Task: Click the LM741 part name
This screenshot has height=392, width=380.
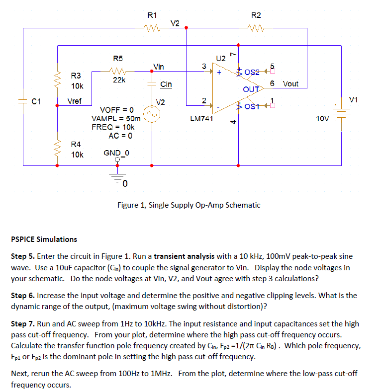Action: [x=201, y=119]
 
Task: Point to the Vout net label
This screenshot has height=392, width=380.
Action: [x=290, y=84]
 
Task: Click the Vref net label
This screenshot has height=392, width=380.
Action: [x=75, y=100]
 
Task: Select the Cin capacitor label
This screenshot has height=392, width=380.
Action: [x=166, y=84]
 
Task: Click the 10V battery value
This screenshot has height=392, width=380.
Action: [x=324, y=119]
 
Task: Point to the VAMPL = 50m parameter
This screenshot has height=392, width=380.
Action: [x=115, y=119]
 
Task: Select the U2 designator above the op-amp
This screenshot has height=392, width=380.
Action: [x=220, y=59]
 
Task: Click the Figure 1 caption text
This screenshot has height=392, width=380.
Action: [x=189, y=205]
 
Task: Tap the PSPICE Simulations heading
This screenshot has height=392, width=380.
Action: [x=44, y=239]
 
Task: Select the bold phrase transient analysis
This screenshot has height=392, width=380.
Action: [x=184, y=256]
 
